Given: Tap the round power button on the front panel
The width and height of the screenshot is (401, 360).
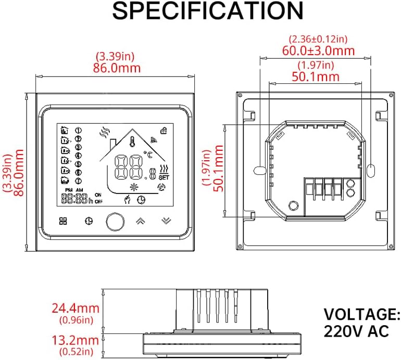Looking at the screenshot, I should tap(114, 221).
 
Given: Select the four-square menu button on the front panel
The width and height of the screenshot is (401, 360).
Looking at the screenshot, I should tap(64, 221).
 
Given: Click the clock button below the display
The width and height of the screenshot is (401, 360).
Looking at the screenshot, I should tap(88, 221).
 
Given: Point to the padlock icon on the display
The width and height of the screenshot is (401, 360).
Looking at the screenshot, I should tap(164, 131).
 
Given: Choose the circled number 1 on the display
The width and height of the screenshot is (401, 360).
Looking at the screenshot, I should tap(79, 130).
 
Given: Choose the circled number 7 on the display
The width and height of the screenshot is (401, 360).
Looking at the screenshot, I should tap(79, 181).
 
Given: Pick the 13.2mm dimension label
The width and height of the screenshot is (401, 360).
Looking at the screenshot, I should tap(74, 340).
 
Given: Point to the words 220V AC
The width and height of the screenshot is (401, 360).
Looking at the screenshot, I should tap(356, 331).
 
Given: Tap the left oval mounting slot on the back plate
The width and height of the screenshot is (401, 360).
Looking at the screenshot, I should tap(260, 170).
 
